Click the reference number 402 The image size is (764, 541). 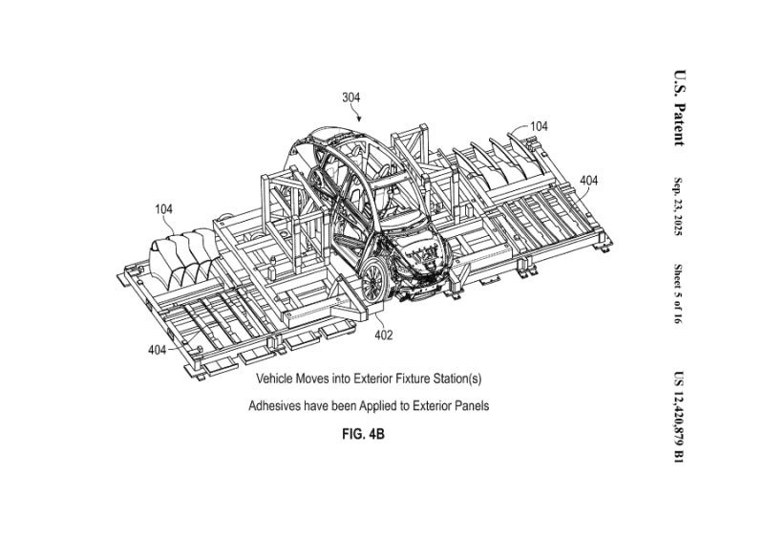tap(383, 335)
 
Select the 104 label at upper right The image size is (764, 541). tap(539, 126)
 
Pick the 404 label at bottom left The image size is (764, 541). tap(158, 351)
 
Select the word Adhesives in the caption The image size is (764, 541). tap(275, 406)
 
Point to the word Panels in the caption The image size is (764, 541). tap(470, 406)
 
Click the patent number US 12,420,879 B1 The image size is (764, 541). tap(678, 418)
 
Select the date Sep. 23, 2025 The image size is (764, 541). tap(678, 211)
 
